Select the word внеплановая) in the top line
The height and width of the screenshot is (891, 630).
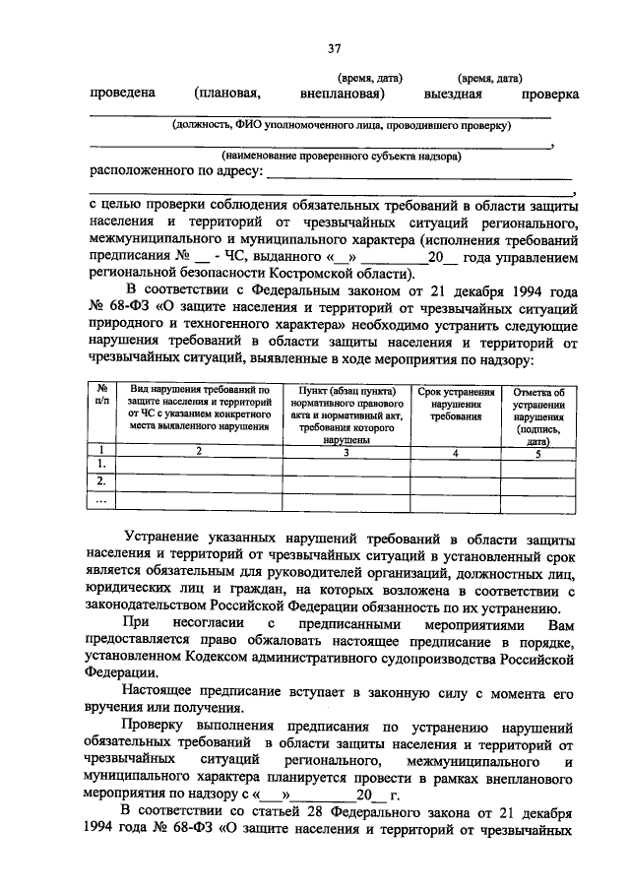342,94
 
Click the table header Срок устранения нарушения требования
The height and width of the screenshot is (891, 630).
455,405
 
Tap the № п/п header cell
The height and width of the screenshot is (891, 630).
101,398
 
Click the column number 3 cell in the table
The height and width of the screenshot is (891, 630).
346,451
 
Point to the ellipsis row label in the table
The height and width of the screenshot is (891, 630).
101,499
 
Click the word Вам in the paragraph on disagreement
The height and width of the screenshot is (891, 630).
559,624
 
